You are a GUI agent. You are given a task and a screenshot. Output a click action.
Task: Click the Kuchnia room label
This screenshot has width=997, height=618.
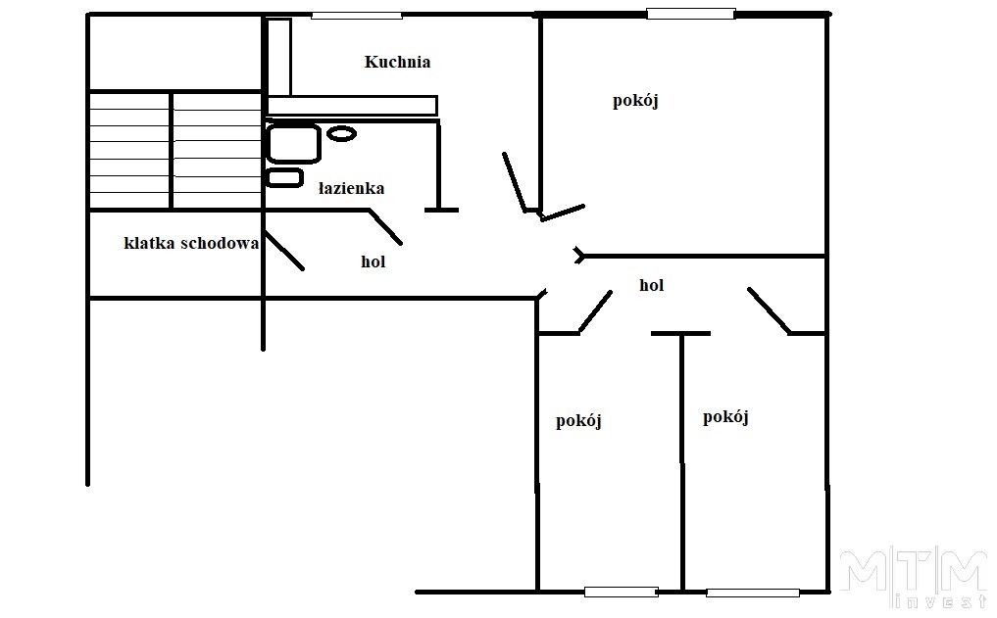pos(397,62)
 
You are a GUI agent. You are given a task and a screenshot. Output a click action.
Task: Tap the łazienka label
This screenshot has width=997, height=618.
pos(351,188)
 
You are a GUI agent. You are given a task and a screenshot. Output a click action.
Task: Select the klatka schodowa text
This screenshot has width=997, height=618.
pos(191,243)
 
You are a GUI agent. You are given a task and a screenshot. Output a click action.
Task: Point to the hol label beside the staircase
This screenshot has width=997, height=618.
pos(374,261)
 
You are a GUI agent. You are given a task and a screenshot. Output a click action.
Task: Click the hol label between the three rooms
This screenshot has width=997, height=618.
pos(652,285)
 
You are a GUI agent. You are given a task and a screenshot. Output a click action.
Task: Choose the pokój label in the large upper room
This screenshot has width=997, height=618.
pos(635,101)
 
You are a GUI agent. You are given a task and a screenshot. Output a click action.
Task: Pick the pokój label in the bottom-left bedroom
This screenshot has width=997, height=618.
pos(578,421)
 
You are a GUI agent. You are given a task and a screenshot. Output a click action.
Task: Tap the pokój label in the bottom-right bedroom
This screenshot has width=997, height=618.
pos(725,417)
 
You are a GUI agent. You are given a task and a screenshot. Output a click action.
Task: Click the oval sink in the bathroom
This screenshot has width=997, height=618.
pos(341,133)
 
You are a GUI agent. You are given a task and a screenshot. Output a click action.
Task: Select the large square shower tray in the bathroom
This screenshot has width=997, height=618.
pos(293,144)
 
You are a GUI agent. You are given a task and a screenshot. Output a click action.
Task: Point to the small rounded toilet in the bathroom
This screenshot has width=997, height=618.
pos(285,178)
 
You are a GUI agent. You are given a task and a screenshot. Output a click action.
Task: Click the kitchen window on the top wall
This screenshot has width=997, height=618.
pos(357,16)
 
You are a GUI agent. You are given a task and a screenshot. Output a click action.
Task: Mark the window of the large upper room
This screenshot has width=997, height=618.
pos(691,14)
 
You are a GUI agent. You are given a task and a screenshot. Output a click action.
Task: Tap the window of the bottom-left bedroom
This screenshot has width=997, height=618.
pos(622,592)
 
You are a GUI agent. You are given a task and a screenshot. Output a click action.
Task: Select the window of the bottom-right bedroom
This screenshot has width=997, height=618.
pos(753,593)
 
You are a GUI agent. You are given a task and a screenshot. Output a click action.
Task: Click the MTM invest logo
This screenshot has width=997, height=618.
pos(914,579)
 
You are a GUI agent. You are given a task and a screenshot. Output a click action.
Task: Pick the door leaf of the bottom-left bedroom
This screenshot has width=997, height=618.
pos(595,311)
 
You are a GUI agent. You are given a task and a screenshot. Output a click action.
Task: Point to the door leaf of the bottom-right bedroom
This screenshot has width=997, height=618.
pos(770,310)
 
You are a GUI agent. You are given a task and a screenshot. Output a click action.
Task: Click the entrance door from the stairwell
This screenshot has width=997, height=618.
pos(283,251)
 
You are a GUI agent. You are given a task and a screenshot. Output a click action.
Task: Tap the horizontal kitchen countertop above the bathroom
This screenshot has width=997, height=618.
pos(352,106)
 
